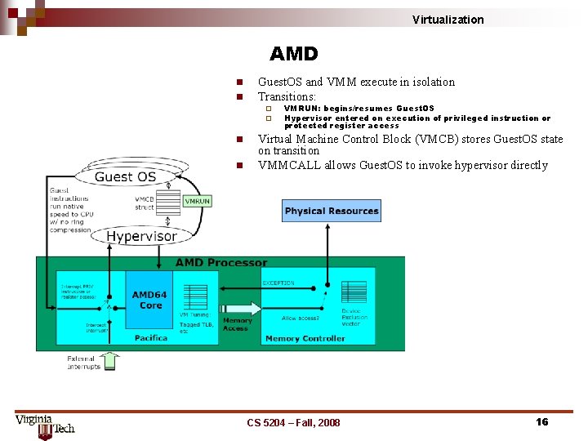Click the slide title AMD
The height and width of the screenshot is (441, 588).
pos(293,54)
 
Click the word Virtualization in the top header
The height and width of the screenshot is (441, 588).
pos(448,20)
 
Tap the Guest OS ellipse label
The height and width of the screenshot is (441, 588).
pos(125,177)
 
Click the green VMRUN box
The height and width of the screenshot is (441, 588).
pos(197,201)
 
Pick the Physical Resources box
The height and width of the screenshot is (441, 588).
pos(331,211)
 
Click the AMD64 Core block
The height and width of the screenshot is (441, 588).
pos(150,300)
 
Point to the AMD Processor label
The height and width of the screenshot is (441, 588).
pos(221,263)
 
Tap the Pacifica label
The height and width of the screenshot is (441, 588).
pos(151,337)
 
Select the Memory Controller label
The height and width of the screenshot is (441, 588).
pos(305,338)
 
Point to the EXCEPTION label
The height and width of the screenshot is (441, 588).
pos(278,283)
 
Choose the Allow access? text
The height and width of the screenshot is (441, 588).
pos(301,318)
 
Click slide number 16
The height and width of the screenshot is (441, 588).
pos(541,421)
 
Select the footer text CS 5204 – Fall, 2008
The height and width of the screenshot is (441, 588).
pos(293,422)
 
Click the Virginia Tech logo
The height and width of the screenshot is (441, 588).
pos(45,425)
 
